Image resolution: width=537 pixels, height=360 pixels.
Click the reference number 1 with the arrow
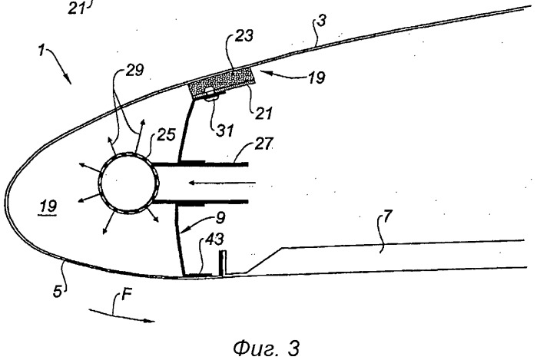(41, 51)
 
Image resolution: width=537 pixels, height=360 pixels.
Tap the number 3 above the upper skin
(321, 21)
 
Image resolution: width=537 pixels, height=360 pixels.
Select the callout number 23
(244, 35)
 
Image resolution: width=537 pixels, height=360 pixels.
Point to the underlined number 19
(48, 206)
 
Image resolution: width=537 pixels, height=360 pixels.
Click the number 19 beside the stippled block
(316, 78)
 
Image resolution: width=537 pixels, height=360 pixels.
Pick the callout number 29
(134, 70)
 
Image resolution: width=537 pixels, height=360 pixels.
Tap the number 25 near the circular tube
(166, 135)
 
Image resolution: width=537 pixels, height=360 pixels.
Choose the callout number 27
(264, 144)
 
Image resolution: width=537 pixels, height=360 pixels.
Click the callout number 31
(224, 130)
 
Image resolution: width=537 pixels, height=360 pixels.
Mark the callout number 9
(221, 218)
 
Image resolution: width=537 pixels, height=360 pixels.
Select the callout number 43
(215, 239)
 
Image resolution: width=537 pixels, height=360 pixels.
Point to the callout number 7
(386, 216)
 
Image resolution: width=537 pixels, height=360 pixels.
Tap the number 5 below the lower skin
(58, 292)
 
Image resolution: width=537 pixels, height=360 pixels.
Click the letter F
(127, 294)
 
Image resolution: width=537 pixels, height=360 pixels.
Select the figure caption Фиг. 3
(267, 348)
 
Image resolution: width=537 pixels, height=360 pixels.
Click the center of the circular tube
(129, 183)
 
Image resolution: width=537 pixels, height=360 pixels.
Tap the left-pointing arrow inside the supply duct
(222, 183)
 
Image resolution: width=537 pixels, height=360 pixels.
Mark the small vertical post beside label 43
(223, 263)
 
